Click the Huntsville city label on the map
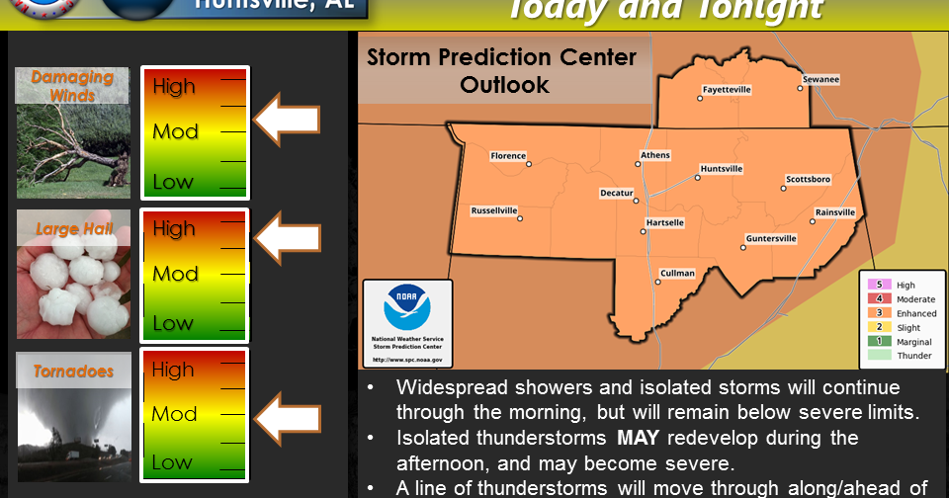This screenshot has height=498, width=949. point(721,169)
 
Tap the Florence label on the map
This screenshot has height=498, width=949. point(508,155)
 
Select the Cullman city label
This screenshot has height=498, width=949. point(677,273)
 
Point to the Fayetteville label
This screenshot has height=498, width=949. point(727,89)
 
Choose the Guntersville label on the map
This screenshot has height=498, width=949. point(770,238)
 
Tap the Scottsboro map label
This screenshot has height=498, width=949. point(808,179)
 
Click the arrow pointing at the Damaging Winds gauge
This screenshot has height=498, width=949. point(288,120)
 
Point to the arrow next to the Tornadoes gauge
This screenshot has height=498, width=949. point(288,414)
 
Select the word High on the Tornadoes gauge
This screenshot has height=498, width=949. point(174,370)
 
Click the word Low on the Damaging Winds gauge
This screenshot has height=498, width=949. point(173,182)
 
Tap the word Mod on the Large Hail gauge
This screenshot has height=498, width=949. point(175,274)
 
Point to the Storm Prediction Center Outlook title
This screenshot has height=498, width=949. point(502,71)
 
